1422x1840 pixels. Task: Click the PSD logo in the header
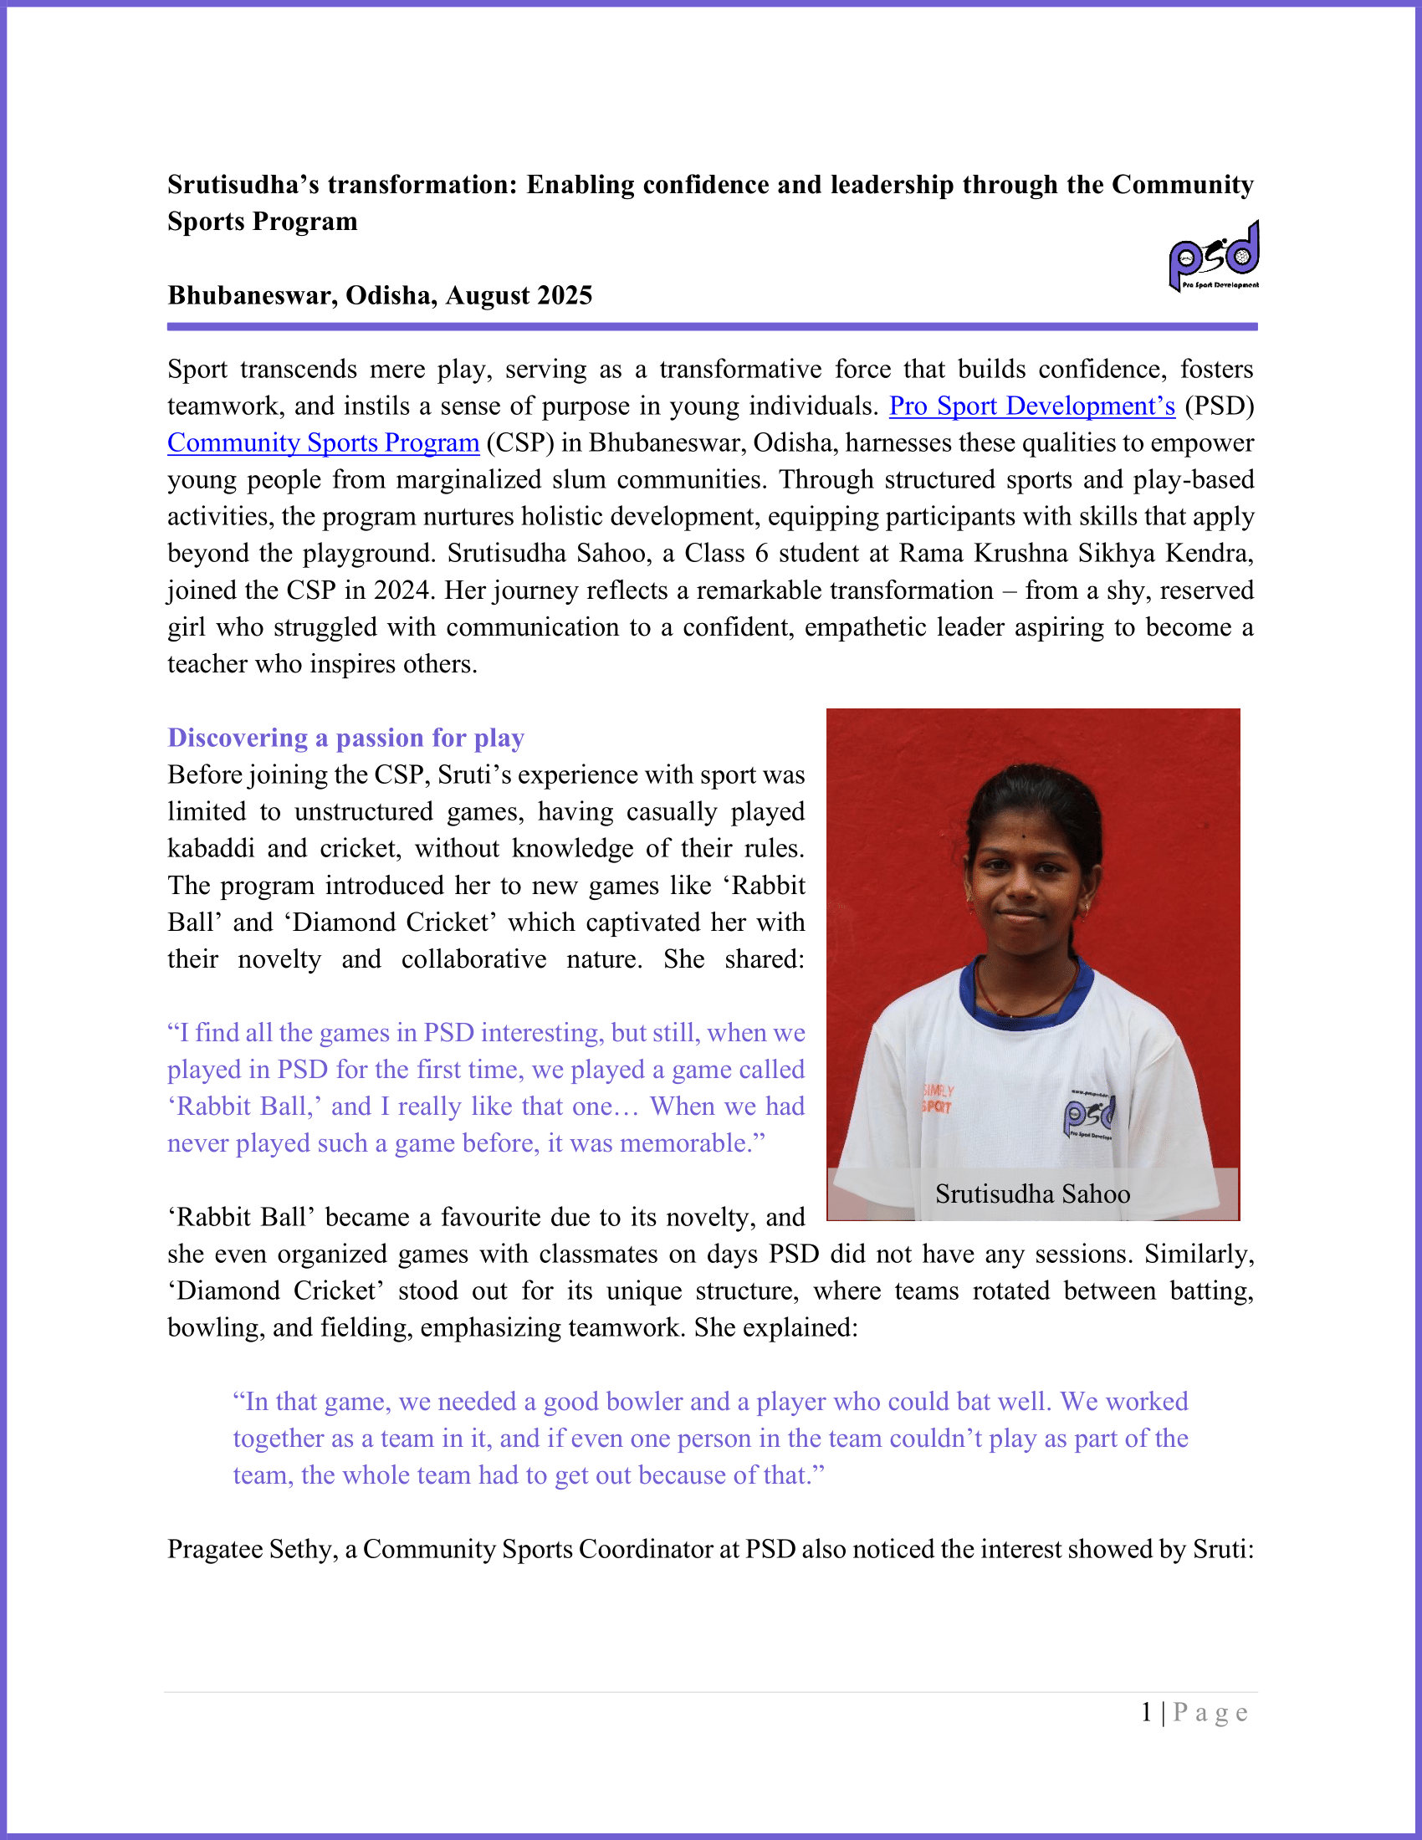(x=1213, y=256)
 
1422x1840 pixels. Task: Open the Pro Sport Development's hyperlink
(x=1031, y=406)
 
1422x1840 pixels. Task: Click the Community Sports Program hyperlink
(x=323, y=443)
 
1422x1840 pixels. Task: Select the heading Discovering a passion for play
(x=345, y=738)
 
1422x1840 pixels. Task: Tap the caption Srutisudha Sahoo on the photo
(x=1032, y=1193)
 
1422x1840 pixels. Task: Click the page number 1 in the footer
(x=1146, y=1712)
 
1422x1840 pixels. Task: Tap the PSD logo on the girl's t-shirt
(x=1088, y=1116)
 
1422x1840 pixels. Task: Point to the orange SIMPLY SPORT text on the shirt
(x=937, y=1099)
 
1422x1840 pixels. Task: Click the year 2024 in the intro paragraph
(x=403, y=590)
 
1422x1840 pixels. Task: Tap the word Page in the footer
(x=1210, y=1712)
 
